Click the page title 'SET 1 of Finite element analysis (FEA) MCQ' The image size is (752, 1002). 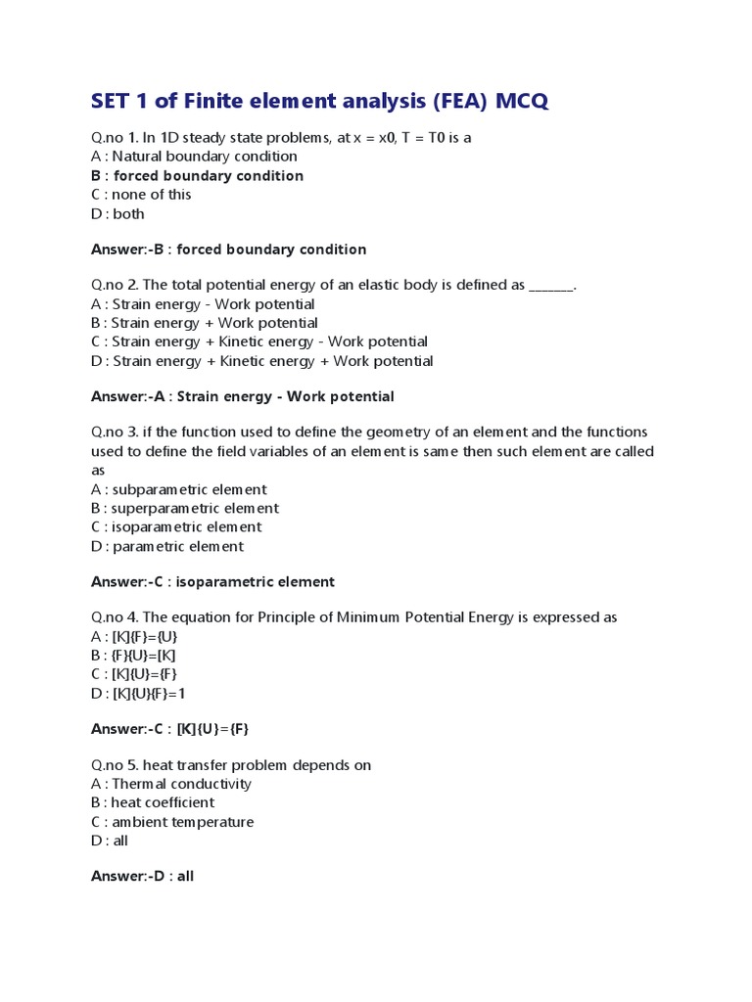(320, 101)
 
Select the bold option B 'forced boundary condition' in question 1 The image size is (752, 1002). (197, 176)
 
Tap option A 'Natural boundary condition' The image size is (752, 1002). (194, 157)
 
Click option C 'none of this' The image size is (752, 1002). (141, 195)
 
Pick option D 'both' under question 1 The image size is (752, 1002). (117, 213)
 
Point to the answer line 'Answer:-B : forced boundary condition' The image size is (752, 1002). (228, 250)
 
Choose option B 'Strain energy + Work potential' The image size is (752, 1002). (204, 323)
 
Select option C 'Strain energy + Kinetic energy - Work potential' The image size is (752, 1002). (258, 342)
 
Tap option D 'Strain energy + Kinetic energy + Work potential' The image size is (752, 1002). (261, 361)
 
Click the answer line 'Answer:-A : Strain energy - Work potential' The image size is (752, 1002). (242, 396)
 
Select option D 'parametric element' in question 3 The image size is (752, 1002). (167, 546)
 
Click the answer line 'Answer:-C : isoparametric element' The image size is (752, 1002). (212, 582)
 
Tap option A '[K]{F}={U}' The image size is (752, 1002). (134, 637)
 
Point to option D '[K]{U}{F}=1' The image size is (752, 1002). (138, 694)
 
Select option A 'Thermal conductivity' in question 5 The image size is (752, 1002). (170, 784)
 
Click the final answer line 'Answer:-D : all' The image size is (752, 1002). (142, 877)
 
